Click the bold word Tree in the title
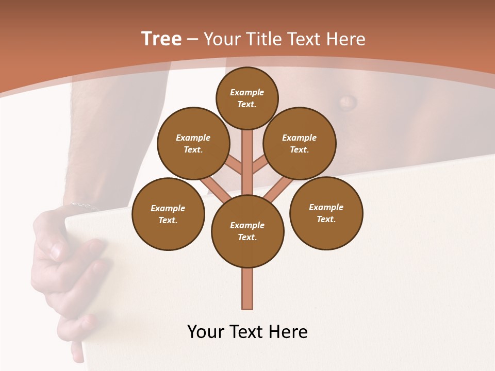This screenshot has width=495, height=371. [161, 39]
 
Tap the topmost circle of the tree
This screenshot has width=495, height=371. [247, 98]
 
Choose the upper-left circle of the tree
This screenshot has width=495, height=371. [193, 143]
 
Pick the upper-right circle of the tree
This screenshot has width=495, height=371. [300, 143]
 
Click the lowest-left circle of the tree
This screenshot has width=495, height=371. [168, 214]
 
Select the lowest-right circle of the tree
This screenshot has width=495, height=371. [326, 213]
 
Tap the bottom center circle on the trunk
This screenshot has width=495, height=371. [247, 231]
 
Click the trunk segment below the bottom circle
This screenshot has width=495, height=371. [247, 289]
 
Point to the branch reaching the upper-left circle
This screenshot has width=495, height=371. [234, 165]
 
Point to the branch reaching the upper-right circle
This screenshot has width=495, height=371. [260, 165]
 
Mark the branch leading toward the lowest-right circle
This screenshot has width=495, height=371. [279, 189]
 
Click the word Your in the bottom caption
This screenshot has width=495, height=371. [205, 332]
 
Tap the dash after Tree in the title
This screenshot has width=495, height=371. [192, 40]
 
